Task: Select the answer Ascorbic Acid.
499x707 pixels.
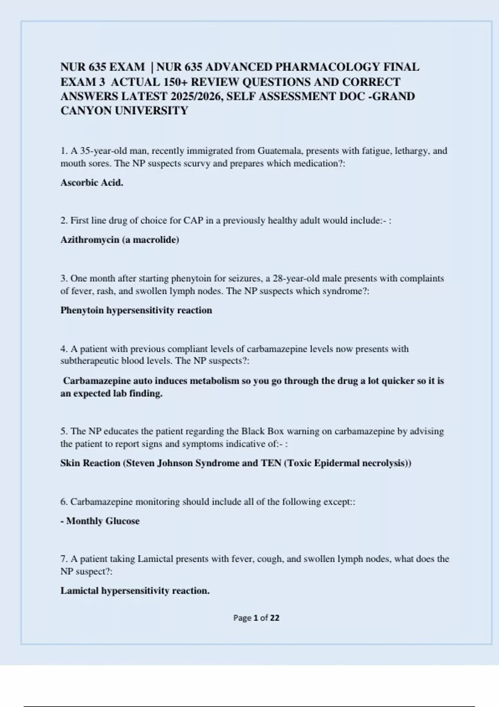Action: (92, 183)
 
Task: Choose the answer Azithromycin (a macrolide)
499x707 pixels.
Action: (120, 240)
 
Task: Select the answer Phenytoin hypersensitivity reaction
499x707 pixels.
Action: (136, 310)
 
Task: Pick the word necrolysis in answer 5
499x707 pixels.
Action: (384, 463)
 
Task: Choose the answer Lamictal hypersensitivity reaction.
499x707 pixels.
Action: (135, 591)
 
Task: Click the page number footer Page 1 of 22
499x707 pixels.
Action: (256, 618)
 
